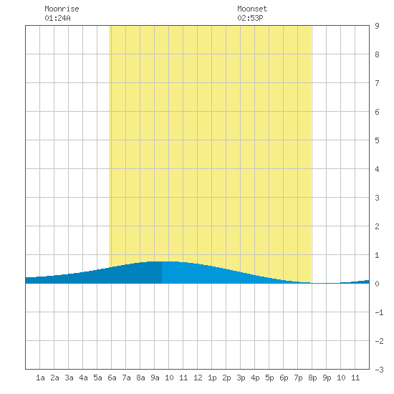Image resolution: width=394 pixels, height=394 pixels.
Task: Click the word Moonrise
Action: pyautogui.click(x=62, y=9)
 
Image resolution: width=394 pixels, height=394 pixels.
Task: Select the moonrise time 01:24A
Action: pyautogui.click(x=57, y=18)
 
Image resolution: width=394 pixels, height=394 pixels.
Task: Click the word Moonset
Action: pyautogui.click(x=252, y=9)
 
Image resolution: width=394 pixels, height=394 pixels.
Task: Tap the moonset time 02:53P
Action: pyautogui.click(x=250, y=18)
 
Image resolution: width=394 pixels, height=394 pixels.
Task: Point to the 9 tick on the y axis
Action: pyautogui.click(x=377, y=26)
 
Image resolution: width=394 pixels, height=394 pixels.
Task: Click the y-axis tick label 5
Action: pyautogui.click(x=377, y=140)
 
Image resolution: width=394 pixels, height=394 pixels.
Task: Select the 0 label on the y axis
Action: pyautogui.click(x=377, y=284)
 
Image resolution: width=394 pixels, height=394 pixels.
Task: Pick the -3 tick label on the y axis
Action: pyautogui.click(x=379, y=370)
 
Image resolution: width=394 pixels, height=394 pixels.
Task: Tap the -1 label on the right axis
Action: pyautogui.click(x=379, y=312)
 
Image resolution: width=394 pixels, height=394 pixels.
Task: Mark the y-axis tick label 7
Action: pyautogui.click(x=377, y=83)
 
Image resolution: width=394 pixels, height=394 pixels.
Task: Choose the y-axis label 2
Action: pyautogui.click(x=377, y=226)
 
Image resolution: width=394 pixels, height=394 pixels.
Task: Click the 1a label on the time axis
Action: pyautogui.click(x=40, y=378)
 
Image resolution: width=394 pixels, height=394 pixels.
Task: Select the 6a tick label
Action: pyautogui.click(x=112, y=378)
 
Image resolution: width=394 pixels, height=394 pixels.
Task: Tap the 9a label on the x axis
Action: pyautogui.click(x=155, y=378)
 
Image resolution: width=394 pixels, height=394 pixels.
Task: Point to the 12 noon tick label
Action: pyautogui.click(x=198, y=378)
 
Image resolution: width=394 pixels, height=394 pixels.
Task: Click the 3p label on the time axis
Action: pyautogui.click(x=241, y=378)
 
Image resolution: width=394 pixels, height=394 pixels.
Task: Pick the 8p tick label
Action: pyautogui.click(x=312, y=378)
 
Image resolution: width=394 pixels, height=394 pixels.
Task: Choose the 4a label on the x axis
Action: pyautogui.click(x=83, y=378)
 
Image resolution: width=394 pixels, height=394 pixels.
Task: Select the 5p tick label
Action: pyautogui.click(x=269, y=378)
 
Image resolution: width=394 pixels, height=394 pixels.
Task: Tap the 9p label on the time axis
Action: pyautogui.click(x=327, y=378)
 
